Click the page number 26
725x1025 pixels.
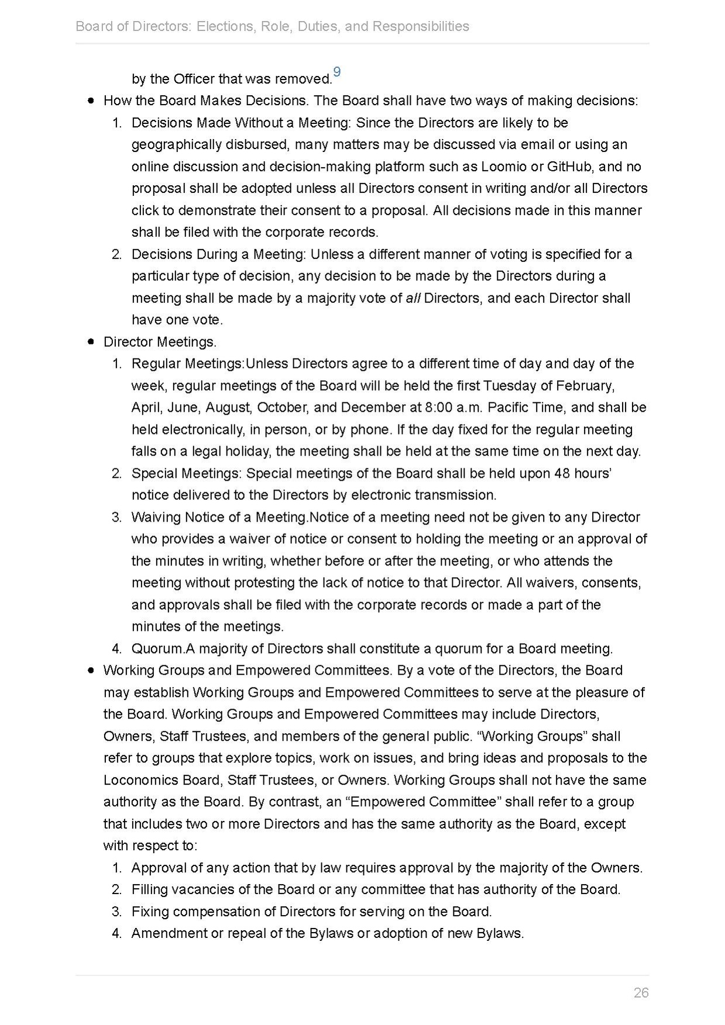click(x=641, y=992)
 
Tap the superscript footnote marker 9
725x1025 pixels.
click(x=336, y=73)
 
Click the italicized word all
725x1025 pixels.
click(x=413, y=298)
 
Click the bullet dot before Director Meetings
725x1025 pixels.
click(x=91, y=341)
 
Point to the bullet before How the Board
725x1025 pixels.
click(x=91, y=101)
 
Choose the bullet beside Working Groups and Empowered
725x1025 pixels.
click(x=91, y=670)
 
